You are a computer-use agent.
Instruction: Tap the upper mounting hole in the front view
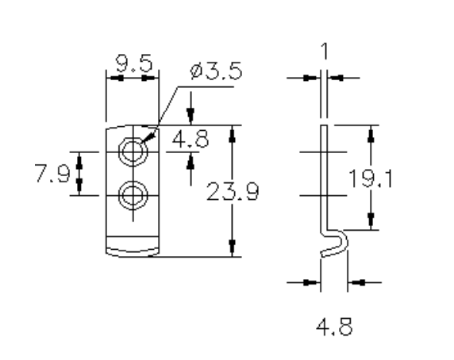[132, 150]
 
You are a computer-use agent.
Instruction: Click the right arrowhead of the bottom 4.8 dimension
[355, 281]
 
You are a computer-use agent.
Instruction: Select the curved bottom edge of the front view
[132, 252]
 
